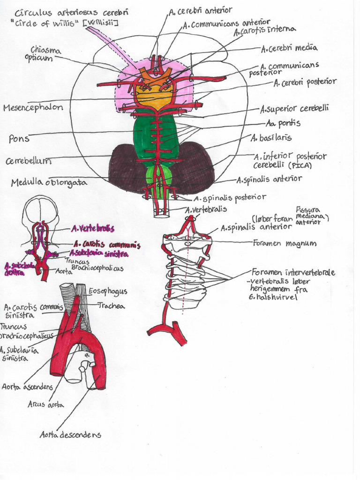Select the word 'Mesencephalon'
tap(33, 107)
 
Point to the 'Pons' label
tap(19, 139)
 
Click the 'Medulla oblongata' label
tap(49, 182)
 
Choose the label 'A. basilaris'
tap(271, 138)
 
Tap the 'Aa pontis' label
tap(283, 123)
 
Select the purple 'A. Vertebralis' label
tap(93, 228)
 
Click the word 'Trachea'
tap(111, 306)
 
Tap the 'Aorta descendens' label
tap(70, 435)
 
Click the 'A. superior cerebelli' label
tap(295, 109)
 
